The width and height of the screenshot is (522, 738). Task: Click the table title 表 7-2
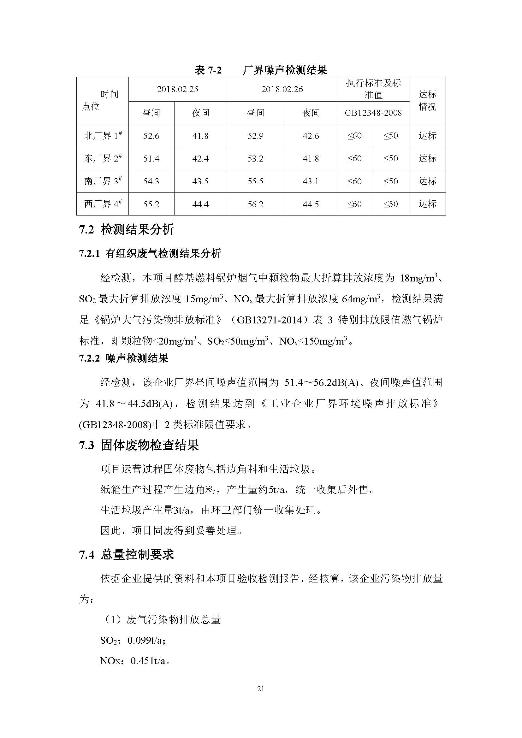(x=208, y=70)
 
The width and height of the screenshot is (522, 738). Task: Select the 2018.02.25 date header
(x=177, y=89)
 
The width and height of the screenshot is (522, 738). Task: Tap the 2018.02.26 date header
(x=282, y=89)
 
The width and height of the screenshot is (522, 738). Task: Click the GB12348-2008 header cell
(x=373, y=113)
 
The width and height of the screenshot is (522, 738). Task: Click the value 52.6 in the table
(x=151, y=136)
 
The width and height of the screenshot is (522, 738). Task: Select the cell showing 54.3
(x=151, y=182)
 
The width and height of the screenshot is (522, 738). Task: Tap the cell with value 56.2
(x=256, y=204)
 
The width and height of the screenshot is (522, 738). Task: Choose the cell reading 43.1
(x=311, y=182)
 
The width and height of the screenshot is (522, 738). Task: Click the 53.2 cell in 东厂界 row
(x=256, y=159)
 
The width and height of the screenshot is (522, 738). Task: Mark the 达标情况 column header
(x=427, y=101)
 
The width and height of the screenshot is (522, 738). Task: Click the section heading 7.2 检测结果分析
(x=126, y=230)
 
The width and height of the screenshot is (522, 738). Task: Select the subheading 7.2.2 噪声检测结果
(x=124, y=358)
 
